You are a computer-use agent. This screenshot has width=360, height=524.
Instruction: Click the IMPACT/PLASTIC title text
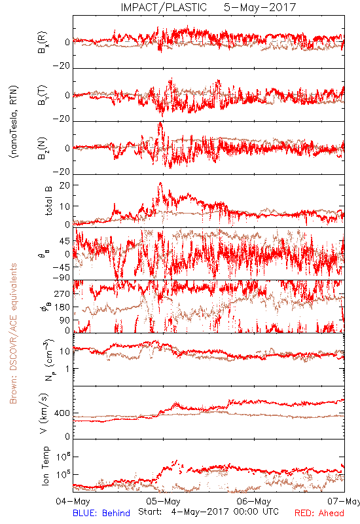(x=164, y=7)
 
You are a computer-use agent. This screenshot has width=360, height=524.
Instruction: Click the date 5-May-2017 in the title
(x=260, y=7)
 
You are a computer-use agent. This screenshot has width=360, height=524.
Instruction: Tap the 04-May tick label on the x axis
(x=73, y=501)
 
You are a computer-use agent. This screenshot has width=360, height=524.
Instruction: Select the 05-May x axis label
(x=163, y=501)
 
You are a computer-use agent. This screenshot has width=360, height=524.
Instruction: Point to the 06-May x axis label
(x=254, y=501)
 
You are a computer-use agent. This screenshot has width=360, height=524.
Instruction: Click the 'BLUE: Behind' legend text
(x=101, y=513)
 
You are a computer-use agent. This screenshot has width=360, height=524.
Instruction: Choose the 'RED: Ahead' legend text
(x=319, y=513)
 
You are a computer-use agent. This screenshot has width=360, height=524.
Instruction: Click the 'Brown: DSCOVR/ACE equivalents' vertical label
(x=13, y=333)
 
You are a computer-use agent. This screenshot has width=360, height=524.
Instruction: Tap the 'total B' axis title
(x=48, y=201)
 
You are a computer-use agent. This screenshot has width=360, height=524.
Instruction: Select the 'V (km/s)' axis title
(x=44, y=413)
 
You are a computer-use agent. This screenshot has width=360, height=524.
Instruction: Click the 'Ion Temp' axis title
(x=45, y=466)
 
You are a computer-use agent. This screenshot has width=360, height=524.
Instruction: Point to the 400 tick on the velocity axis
(x=62, y=413)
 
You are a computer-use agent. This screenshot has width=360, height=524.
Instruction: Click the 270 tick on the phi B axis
(x=62, y=293)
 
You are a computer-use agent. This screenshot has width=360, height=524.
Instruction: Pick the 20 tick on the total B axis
(x=65, y=185)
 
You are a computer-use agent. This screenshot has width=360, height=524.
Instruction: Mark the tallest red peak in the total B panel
(x=160, y=183)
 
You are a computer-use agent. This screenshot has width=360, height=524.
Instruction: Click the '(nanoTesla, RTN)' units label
(x=14, y=122)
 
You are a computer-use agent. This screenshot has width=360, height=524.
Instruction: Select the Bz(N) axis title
(x=42, y=148)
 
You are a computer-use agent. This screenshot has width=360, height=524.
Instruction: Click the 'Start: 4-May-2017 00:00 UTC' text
(x=208, y=512)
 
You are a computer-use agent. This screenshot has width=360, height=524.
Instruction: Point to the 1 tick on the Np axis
(x=68, y=369)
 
